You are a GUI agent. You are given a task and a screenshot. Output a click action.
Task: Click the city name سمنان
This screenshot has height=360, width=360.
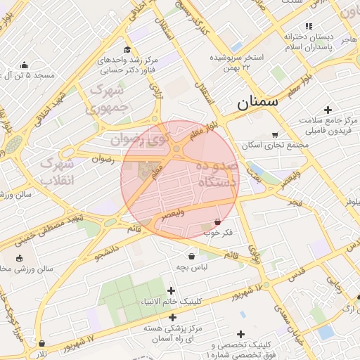257,102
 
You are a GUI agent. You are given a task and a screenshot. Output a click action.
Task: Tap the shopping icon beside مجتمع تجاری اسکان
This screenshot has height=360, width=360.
275,134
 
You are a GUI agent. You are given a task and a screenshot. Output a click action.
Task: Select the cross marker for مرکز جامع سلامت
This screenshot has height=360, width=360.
328,110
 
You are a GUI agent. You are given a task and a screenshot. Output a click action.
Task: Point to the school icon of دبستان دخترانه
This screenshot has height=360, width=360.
288,34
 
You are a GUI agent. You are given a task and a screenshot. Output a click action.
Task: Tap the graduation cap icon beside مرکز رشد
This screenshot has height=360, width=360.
127,49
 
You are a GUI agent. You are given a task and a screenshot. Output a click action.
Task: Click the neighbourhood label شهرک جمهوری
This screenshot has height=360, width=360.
106,99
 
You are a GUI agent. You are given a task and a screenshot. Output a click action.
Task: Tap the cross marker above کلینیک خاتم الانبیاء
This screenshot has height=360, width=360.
171,290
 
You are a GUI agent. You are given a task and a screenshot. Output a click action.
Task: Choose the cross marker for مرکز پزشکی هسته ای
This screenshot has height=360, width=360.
172,317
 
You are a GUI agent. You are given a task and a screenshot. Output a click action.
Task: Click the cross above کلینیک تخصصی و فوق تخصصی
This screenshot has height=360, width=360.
241,334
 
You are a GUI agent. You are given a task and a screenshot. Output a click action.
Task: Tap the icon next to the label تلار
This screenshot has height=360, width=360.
42,344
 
